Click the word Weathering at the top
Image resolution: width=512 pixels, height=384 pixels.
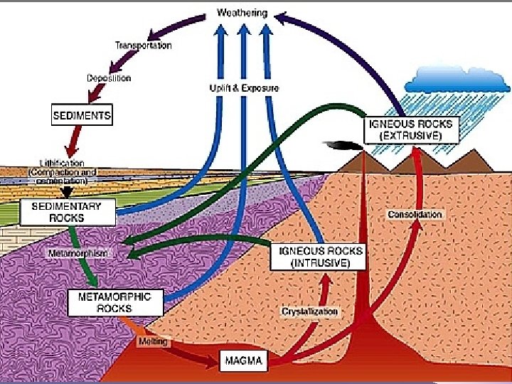pyautogui.click(x=243, y=13)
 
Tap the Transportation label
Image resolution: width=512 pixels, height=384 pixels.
pyautogui.click(x=143, y=46)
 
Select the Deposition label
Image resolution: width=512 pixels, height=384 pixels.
pyautogui.click(x=109, y=78)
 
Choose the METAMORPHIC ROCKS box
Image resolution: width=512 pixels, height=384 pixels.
pyautogui.click(x=114, y=303)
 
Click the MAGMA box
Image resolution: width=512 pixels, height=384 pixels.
pyautogui.click(x=244, y=361)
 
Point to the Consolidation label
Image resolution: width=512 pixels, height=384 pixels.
pyautogui.click(x=415, y=214)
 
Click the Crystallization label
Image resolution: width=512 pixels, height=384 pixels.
pyautogui.click(x=311, y=311)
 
